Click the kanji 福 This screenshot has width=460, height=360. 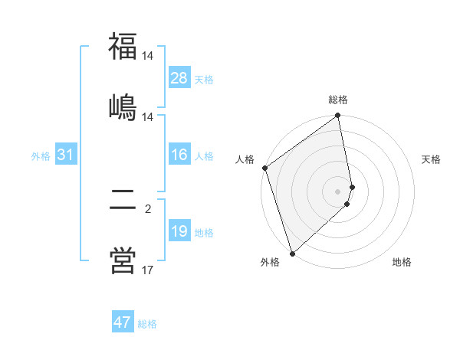click(x=123, y=46)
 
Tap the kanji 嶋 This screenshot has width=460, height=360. click(x=123, y=106)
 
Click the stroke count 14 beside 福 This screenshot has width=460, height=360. click(x=148, y=56)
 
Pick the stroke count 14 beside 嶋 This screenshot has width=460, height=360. click(x=148, y=117)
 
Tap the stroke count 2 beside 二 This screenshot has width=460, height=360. click(x=148, y=208)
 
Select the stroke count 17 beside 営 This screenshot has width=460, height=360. click(x=148, y=270)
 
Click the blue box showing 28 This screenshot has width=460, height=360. click(x=179, y=78)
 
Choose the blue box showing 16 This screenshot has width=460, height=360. click(x=179, y=155)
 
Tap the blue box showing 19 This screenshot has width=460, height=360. click(x=179, y=231)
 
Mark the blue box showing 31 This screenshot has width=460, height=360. click(x=66, y=155)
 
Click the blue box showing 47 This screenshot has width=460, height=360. click(x=123, y=322)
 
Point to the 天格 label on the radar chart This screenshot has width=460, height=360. click(x=431, y=159)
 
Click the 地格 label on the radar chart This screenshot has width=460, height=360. click(x=402, y=262)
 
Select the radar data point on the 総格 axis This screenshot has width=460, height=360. click(x=338, y=116)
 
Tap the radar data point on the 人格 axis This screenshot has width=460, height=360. click(x=264, y=168)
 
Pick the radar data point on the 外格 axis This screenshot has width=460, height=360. click(x=291, y=253)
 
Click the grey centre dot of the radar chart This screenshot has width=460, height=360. click(x=338, y=191)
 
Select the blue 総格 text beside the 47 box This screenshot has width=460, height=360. click(x=147, y=324)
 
